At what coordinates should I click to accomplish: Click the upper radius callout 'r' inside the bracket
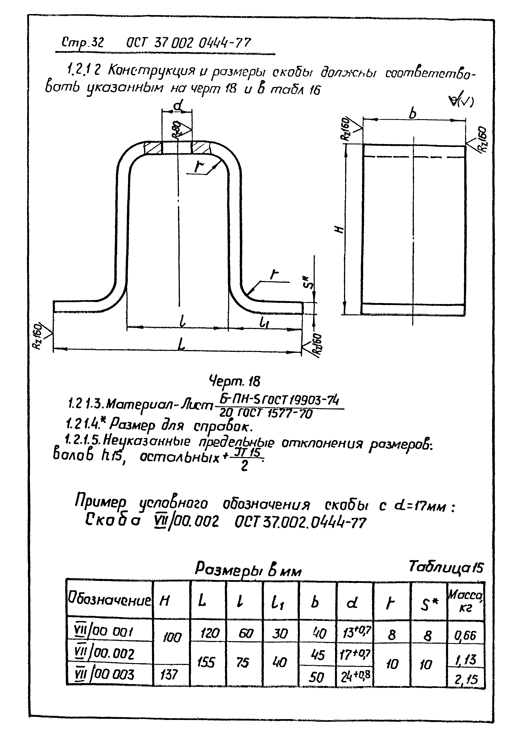pyautogui.click(x=199, y=166)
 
